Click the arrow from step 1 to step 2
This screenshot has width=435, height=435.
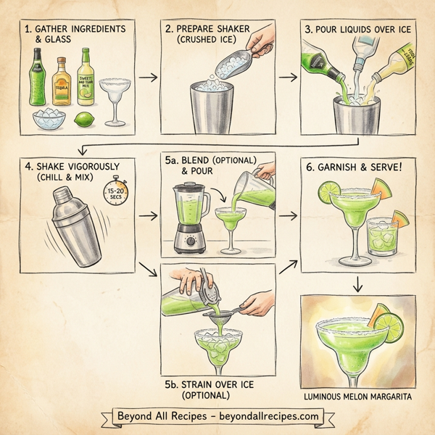pos(148,75)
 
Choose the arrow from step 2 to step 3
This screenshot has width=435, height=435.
pos(289,75)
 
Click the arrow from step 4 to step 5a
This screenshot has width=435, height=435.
pos(148,216)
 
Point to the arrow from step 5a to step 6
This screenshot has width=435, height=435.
pos(289,216)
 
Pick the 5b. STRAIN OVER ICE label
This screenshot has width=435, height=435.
pos(217,384)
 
